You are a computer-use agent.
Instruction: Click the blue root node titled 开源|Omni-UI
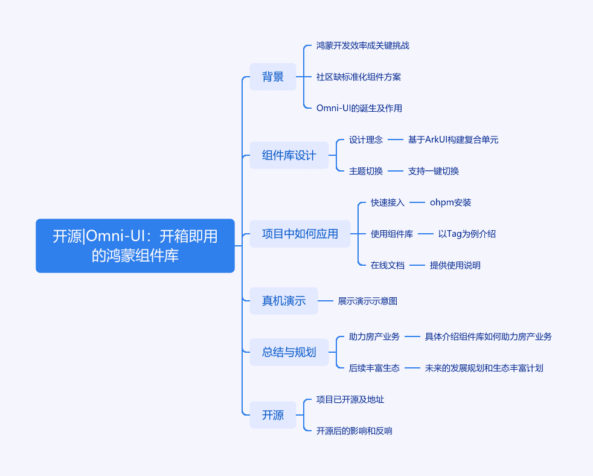[x=135, y=246]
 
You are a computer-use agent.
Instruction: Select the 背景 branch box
[x=273, y=77]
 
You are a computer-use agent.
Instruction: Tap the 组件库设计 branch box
[x=289, y=155]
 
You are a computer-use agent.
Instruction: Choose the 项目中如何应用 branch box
[x=300, y=234]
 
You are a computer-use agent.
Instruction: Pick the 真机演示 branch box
[x=284, y=301]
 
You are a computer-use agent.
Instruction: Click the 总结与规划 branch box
[x=289, y=352]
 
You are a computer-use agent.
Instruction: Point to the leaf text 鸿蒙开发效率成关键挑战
[x=363, y=45]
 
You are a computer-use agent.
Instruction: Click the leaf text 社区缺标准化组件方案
[x=359, y=77]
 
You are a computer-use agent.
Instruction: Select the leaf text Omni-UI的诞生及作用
[x=359, y=108]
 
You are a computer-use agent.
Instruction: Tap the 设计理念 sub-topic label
[x=366, y=140]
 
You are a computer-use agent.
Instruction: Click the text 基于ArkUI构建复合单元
[x=453, y=140]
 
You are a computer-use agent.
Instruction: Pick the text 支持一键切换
[x=434, y=171]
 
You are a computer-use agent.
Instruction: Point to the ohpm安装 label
[x=450, y=202]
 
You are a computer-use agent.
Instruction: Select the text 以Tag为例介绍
[x=467, y=234]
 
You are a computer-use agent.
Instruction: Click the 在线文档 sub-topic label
[x=388, y=265]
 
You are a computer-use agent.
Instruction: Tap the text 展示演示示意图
[x=368, y=301]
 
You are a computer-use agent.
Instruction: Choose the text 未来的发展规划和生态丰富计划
[x=484, y=368]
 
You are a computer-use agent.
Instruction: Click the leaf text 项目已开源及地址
[x=350, y=399]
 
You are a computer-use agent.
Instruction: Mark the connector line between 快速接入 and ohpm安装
[x=417, y=202]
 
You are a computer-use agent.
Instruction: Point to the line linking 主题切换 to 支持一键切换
[x=395, y=171]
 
